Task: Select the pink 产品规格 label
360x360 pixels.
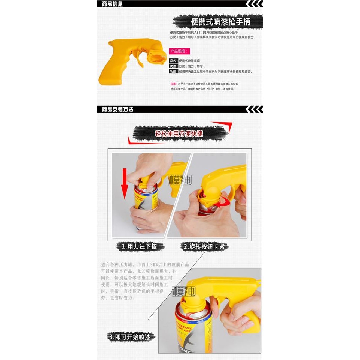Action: click(x=179, y=51)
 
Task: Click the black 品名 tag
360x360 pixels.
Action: click(x=173, y=60)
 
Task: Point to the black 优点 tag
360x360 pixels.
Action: click(x=173, y=66)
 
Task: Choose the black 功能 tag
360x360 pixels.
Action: click(x=173, y=71)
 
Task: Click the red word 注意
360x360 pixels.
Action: click(x=173, y=84)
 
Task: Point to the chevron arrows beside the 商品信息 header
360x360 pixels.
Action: click(x=254, y=4)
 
